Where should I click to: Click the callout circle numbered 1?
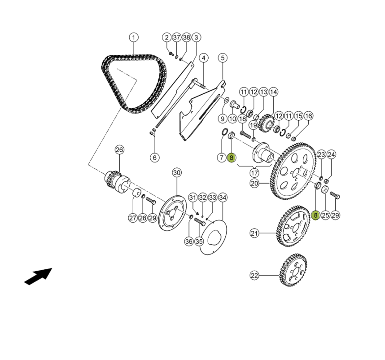pyautogui.click(x=134, y=37)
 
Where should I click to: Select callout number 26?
pyautogui.click(x=119, y=149)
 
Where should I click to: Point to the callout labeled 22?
pyautogui.click(x=254, y=275)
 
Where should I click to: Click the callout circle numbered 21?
pyautogui.click(x=254, y=233)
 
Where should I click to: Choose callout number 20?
pyautogui.click(x=254, y=183)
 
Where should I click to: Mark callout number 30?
pyautogui.click(x=176, y=172)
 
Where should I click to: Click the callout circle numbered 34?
pyautogui.click(x=223, y=197)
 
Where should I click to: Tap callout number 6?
pyautogui.click(x=154, y=158)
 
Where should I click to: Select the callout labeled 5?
pyautogui.click(x=223, y=58)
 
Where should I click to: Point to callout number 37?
pyautogui.click(x=176, y=37)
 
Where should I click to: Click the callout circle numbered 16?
pyautogui.click(x=308, y=116)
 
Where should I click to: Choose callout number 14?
pyautogui.click(x=273, y=92)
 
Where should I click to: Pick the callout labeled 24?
pyautogui.click(x=331, y=155)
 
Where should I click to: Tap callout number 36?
pyautogui.click(x=188, y=241)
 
